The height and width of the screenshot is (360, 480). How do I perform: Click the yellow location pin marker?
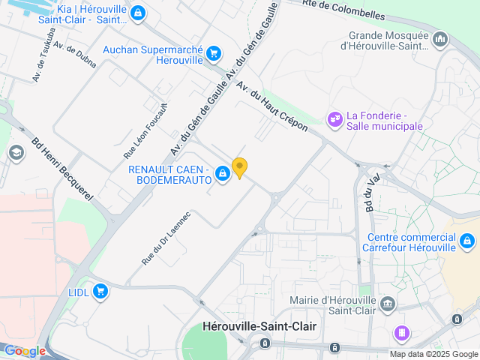pos(239,168)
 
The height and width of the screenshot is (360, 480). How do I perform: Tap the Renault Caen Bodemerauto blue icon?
pos(223,175)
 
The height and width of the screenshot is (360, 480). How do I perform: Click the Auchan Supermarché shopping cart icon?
pos(214,52)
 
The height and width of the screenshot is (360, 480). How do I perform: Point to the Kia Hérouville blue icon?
pos(137,13)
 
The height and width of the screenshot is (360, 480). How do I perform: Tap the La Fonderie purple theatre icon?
pos(334,118)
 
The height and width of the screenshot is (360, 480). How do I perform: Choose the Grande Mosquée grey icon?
pos(439,38)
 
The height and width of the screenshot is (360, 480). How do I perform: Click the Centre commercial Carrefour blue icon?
pos(467,241)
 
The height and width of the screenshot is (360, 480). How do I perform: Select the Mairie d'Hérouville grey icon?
pos(387,304)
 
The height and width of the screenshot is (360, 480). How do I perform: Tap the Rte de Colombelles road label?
pos(344,10)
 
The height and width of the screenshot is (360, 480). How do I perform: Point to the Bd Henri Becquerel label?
pos(61,169)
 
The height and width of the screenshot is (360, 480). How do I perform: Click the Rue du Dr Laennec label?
pos(166,238)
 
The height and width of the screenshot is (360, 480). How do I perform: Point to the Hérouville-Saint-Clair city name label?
pos(260,326)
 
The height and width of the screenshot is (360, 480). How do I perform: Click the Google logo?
pos(25,351)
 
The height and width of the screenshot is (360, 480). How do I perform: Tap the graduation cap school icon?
pos(15,153)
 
